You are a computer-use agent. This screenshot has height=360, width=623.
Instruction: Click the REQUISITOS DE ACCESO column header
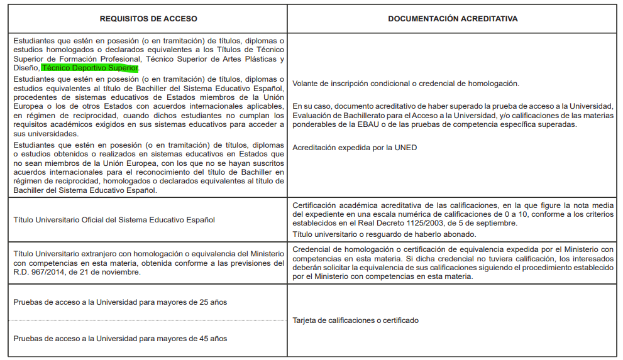(148, 19)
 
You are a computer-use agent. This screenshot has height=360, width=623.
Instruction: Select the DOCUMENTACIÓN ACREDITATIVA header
(453, 19)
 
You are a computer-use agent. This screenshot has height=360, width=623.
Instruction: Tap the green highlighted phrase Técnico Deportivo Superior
(89, 68)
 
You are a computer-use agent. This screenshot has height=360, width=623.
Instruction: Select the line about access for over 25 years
(120, 302)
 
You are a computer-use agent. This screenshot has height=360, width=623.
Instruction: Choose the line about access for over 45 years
(120, 339)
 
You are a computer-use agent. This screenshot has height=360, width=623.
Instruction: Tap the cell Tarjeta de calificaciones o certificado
(355, 320)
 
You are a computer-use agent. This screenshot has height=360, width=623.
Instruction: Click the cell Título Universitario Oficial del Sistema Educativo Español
(114, 220)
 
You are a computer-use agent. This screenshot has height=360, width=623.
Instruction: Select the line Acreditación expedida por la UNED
(355, 148)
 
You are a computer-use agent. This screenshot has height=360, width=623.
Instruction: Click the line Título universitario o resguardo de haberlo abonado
(384, 234)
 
